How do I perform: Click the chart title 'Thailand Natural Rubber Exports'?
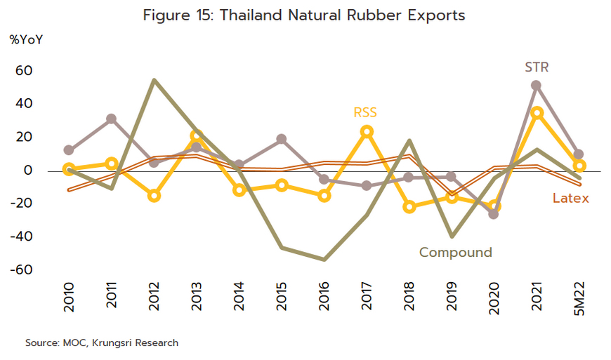coord(304,15)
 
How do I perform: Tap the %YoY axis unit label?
coord(26,39)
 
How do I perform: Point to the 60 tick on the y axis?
coord(24,71)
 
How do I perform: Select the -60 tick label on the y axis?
coord(22,269)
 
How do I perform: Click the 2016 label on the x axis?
coord(325,301)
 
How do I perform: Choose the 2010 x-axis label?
coord(69,301)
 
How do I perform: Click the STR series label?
coord(537,68)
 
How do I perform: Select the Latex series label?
coord(570,199)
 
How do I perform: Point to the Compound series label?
coord(455,253)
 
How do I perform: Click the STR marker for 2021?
coord(537,86)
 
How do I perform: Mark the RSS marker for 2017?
coord(367,131)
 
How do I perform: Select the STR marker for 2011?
coord(111,119)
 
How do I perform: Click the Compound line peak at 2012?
coord(154,80)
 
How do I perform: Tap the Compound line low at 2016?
coord(324,260)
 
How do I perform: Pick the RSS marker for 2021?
coord(537,112)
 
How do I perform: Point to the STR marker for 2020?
coord(494,213)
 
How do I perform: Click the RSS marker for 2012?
coord(154,196)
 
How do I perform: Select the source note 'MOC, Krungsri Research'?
coord(102,343)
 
